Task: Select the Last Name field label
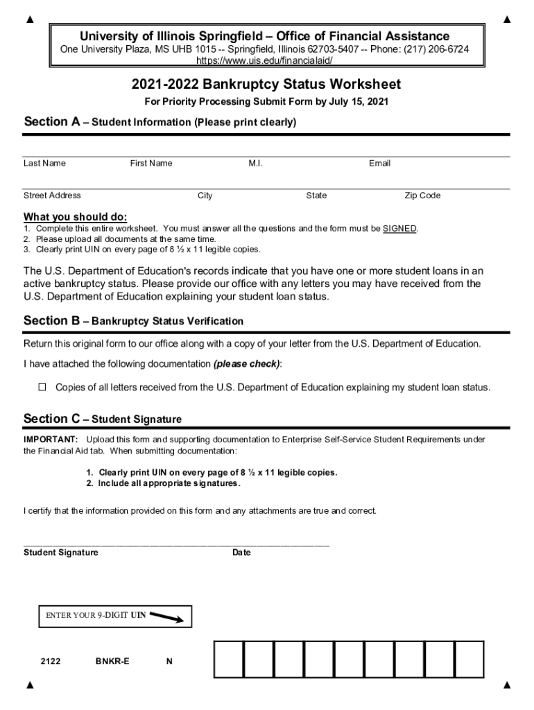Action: (44, 164)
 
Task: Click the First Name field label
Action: (151, 164)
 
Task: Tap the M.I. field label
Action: (255, 164)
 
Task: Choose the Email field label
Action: (379, 164)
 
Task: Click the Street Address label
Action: (52, 196)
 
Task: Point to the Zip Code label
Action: (422, 196)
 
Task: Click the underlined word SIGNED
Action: (399, 229)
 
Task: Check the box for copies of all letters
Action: (42, 387)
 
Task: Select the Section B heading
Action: (133, 321)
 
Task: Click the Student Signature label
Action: (61, 553)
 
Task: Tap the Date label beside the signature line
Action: (241, 553)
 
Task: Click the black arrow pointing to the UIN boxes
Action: (166, 616)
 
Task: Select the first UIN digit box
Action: (229, 659)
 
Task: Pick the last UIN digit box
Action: (469, 659)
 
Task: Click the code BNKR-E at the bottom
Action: (112, 661)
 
